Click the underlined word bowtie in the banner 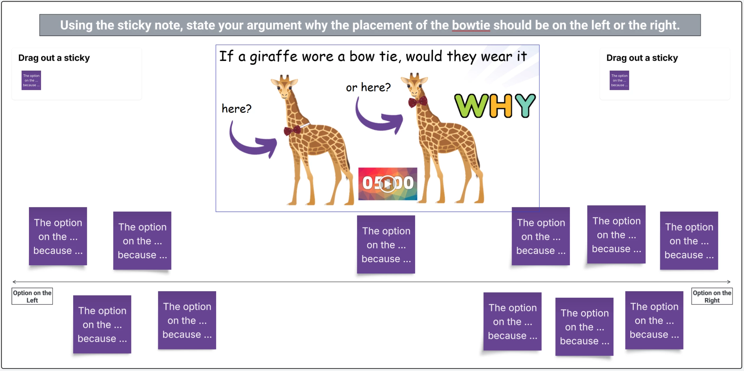[471, 25]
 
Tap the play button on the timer [387, 184]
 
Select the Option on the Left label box [32, 296]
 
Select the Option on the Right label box [712, 296]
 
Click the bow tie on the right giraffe [418, 102]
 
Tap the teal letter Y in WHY [525, 105]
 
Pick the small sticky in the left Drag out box [31, 80]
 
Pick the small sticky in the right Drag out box [619, 80]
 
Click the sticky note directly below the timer [386, 245]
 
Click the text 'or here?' [368, 87]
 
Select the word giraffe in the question [273, 56]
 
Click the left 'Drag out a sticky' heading [54, 58]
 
